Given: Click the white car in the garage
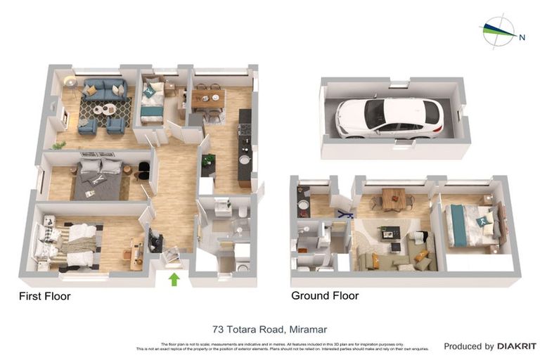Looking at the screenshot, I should click(x=389, y=117).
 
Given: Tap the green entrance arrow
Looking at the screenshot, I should click(x=173, y=280).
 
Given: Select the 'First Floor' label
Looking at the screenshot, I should click(x=44, y=296).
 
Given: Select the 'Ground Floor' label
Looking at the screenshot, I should click(x=325, y=296).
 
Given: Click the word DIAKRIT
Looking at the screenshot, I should click(x=517, y=346).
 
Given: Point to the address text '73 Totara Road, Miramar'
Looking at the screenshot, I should click(x=270, y=329).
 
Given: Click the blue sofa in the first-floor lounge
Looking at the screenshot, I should click(x=105, y=89).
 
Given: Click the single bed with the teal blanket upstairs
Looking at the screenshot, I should click(x=153, y=103).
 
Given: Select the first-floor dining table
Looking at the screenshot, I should click(x=207, y=100).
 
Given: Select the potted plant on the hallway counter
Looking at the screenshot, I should click(x=207, y=160).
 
